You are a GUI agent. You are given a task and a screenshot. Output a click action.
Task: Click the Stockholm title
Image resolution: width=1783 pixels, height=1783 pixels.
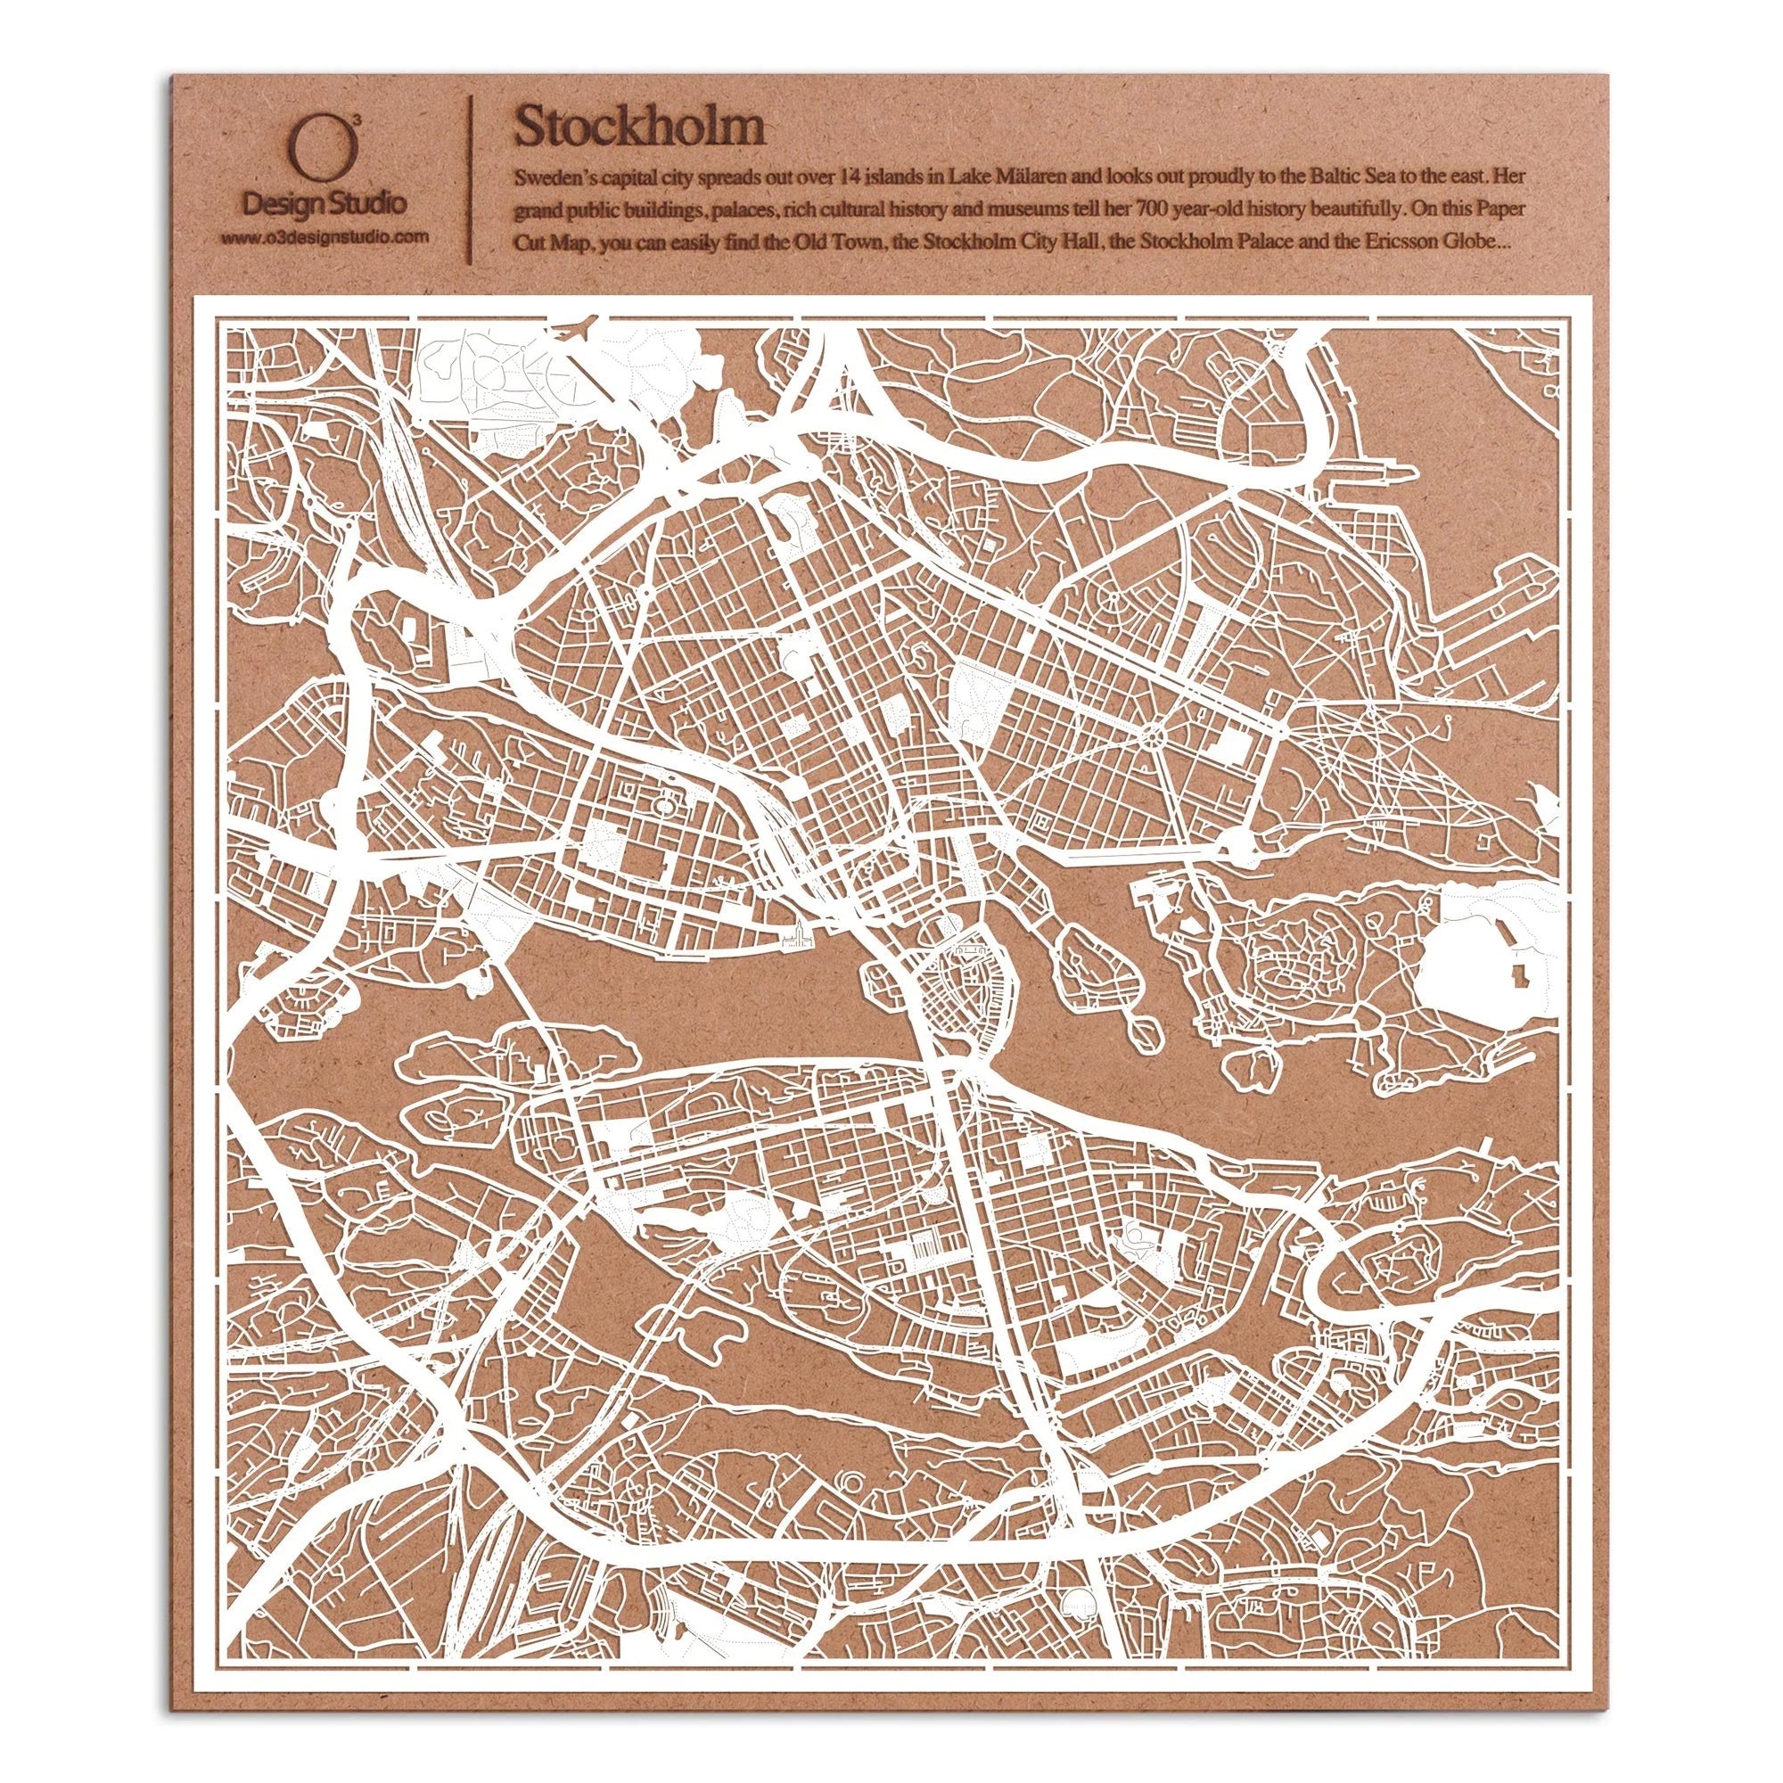coord(639,127)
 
